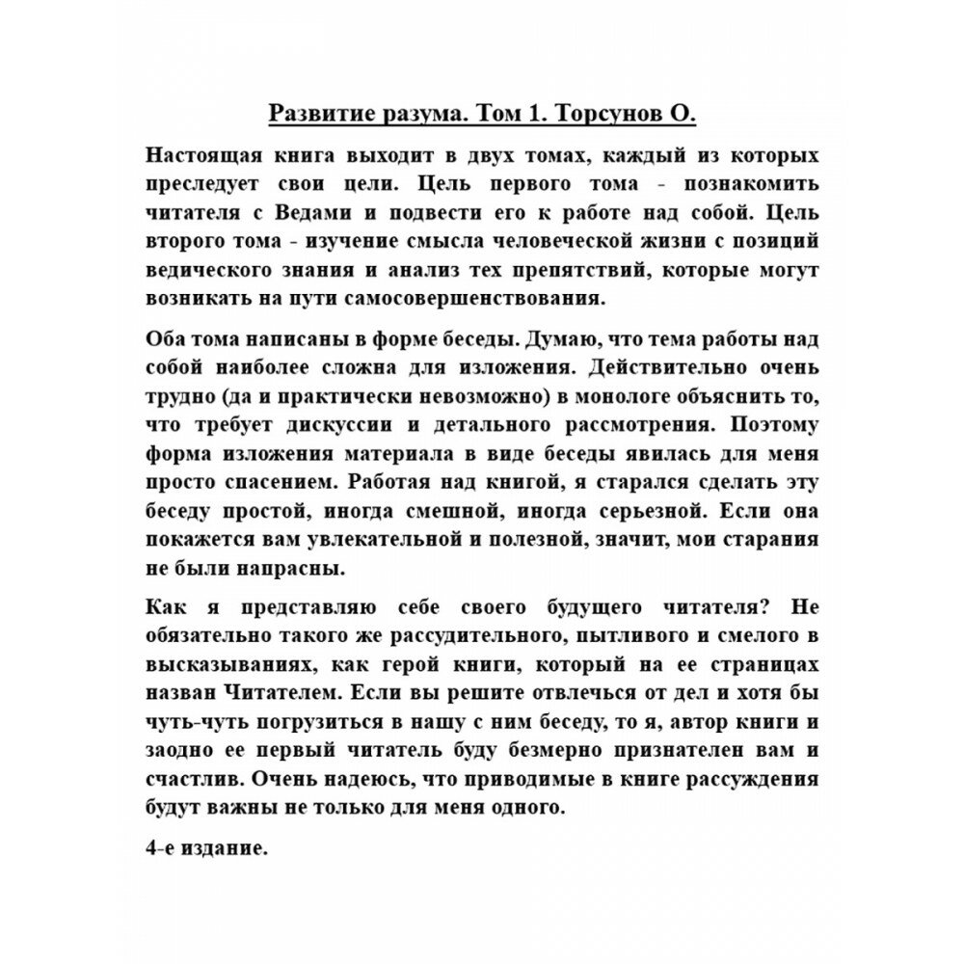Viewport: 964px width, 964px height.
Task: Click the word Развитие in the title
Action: [318, 113]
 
